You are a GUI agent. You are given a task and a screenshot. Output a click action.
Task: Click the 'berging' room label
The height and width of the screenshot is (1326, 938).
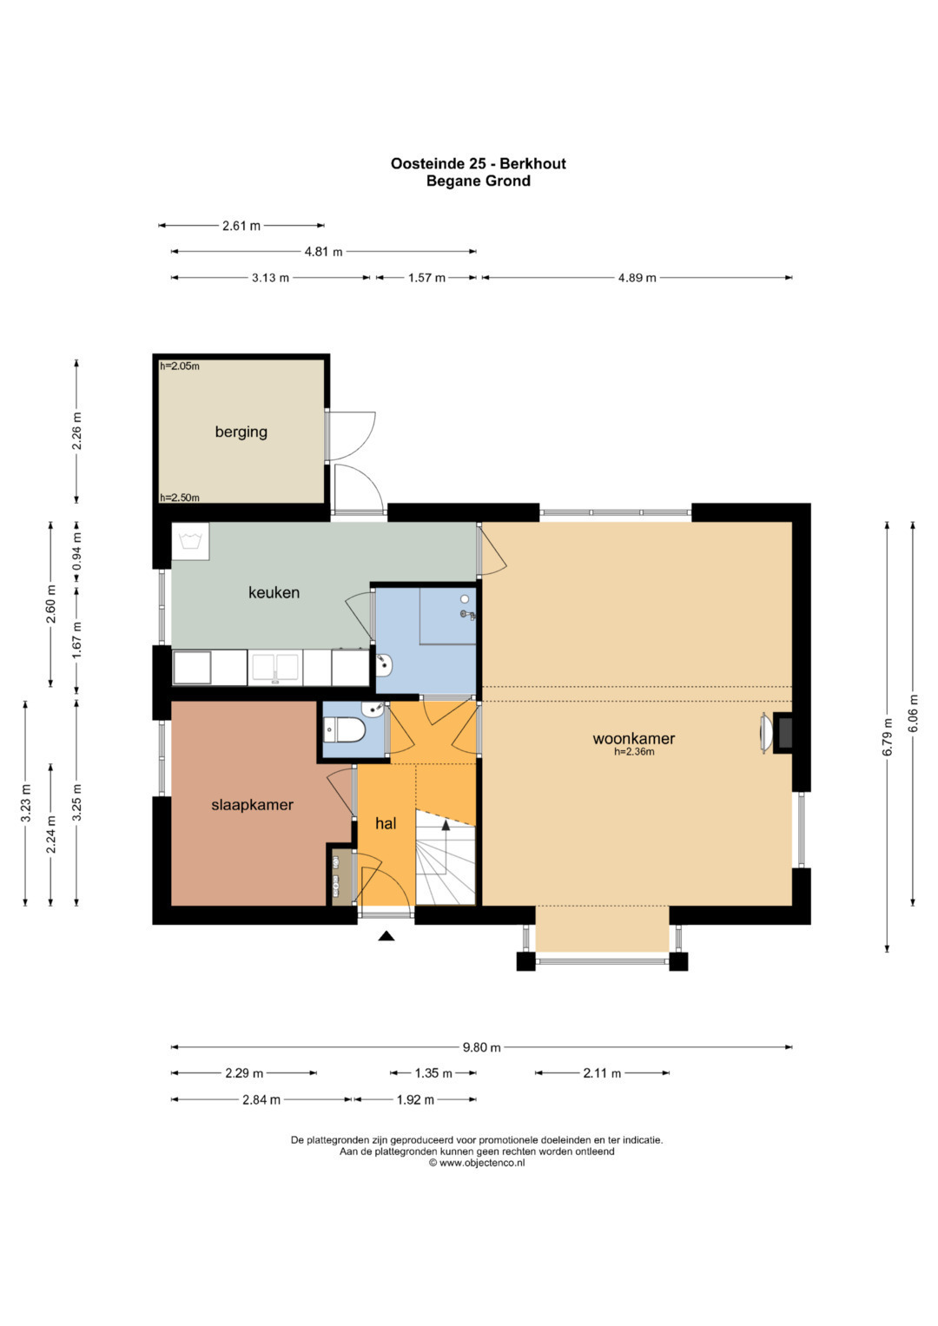[241, 432]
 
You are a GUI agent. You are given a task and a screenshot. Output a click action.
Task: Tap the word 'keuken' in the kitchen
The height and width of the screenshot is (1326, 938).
[274, 592]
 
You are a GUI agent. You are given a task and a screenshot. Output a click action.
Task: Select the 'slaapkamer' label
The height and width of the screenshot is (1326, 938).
[252, 804]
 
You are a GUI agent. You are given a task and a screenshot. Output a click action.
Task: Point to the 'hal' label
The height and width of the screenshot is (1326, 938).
[386, 823]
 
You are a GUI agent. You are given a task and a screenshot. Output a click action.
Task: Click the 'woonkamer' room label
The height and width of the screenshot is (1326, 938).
[634, 738]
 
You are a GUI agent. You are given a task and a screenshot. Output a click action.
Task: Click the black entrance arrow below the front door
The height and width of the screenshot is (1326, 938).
[386, 936]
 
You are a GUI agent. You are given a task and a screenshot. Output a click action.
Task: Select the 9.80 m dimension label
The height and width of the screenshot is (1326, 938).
[481, 1047]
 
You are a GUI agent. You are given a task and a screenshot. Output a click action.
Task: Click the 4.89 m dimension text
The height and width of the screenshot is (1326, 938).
[637, 278]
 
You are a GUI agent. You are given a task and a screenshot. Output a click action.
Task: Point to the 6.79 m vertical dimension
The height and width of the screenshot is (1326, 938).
[887, 737]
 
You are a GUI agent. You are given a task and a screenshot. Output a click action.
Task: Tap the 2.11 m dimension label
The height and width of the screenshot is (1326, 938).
[602, 1073]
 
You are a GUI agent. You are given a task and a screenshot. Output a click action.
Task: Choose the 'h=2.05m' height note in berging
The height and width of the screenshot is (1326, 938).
[180, 366]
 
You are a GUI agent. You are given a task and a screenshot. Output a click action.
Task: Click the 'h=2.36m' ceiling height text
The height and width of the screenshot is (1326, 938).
[634, 752]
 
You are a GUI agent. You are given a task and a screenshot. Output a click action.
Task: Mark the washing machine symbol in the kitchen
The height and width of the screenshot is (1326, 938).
[190, 541]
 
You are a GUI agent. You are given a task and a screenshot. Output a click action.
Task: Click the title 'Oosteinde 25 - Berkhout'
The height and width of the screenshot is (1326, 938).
[478, 163]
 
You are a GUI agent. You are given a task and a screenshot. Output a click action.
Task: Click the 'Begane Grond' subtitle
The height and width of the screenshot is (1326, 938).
[478, 181]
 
